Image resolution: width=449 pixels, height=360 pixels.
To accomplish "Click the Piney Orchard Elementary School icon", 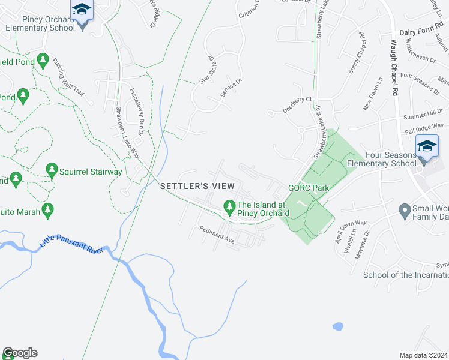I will (80, 10).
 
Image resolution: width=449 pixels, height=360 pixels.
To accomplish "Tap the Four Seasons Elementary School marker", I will (426, 146).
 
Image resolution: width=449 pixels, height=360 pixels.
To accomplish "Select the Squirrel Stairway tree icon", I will (52, 171).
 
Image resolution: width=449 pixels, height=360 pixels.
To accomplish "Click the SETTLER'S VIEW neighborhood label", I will (193, 187).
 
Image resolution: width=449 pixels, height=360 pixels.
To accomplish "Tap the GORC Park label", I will (309, 188).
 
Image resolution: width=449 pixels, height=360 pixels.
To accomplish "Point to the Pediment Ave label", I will (217, 233).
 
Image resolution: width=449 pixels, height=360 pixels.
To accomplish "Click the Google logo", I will (20, 353).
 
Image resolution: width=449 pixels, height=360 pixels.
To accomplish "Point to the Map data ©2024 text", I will (423, 355).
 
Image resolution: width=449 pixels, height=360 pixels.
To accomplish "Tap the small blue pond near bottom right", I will (338, 327).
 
